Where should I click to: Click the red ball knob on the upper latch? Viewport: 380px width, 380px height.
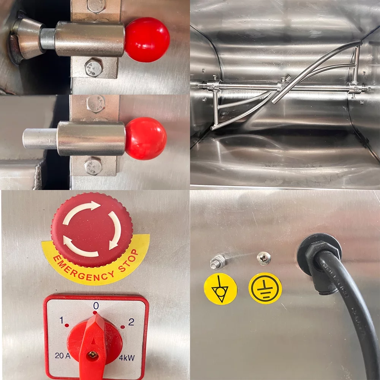(x=147, y=40)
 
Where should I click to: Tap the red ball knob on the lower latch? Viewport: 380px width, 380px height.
(x=146, y=138)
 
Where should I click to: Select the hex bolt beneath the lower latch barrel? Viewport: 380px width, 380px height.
(x=93, y=166)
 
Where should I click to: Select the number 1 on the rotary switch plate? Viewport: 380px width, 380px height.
(x=61, y=320)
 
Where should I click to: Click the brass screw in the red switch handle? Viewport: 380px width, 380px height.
(x=92, y=355)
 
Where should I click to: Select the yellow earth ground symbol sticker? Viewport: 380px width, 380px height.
(x=265, y=288)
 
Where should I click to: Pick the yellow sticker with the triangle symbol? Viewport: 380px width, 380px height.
(x=220, y=289)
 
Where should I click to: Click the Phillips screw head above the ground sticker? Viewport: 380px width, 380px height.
(x=264, y=258)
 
